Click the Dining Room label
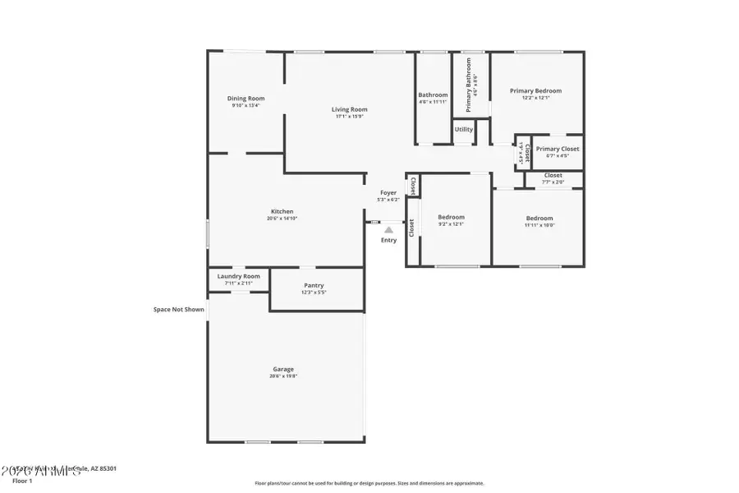point(246,99)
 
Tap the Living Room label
point(349,109)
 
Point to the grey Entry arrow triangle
point(388,230)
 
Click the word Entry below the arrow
point(388,240)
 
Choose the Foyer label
point(388,192)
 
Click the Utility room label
point(464,129)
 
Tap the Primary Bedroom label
point(535,91)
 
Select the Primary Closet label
point(558,149)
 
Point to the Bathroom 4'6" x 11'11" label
point(433,95)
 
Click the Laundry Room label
point(238,276)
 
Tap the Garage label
point(283,369)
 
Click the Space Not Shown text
point(178,310)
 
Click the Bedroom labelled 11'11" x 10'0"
point(539,218)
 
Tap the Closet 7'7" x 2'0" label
point(553,175)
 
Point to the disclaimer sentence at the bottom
point(369,483)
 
